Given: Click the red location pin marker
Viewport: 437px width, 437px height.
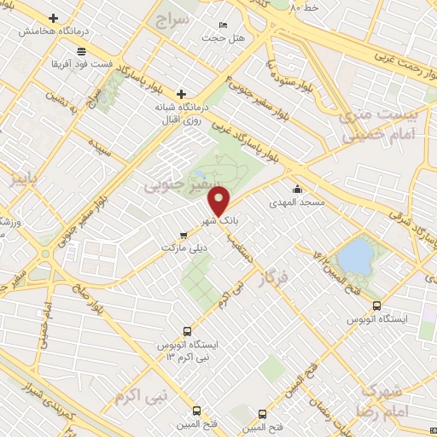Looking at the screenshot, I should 219,201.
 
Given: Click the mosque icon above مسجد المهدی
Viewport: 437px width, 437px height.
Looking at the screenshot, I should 297,189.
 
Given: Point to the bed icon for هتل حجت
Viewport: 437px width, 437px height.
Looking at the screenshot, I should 224,25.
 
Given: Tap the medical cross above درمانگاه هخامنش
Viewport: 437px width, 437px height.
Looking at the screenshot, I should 54,18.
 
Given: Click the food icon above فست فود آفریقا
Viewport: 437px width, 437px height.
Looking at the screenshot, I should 81,51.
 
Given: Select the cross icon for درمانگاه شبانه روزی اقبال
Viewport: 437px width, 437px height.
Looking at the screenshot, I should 181,94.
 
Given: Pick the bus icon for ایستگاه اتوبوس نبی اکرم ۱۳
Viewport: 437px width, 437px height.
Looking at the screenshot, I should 187,331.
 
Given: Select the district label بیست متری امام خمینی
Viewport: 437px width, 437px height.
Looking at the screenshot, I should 379,125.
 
